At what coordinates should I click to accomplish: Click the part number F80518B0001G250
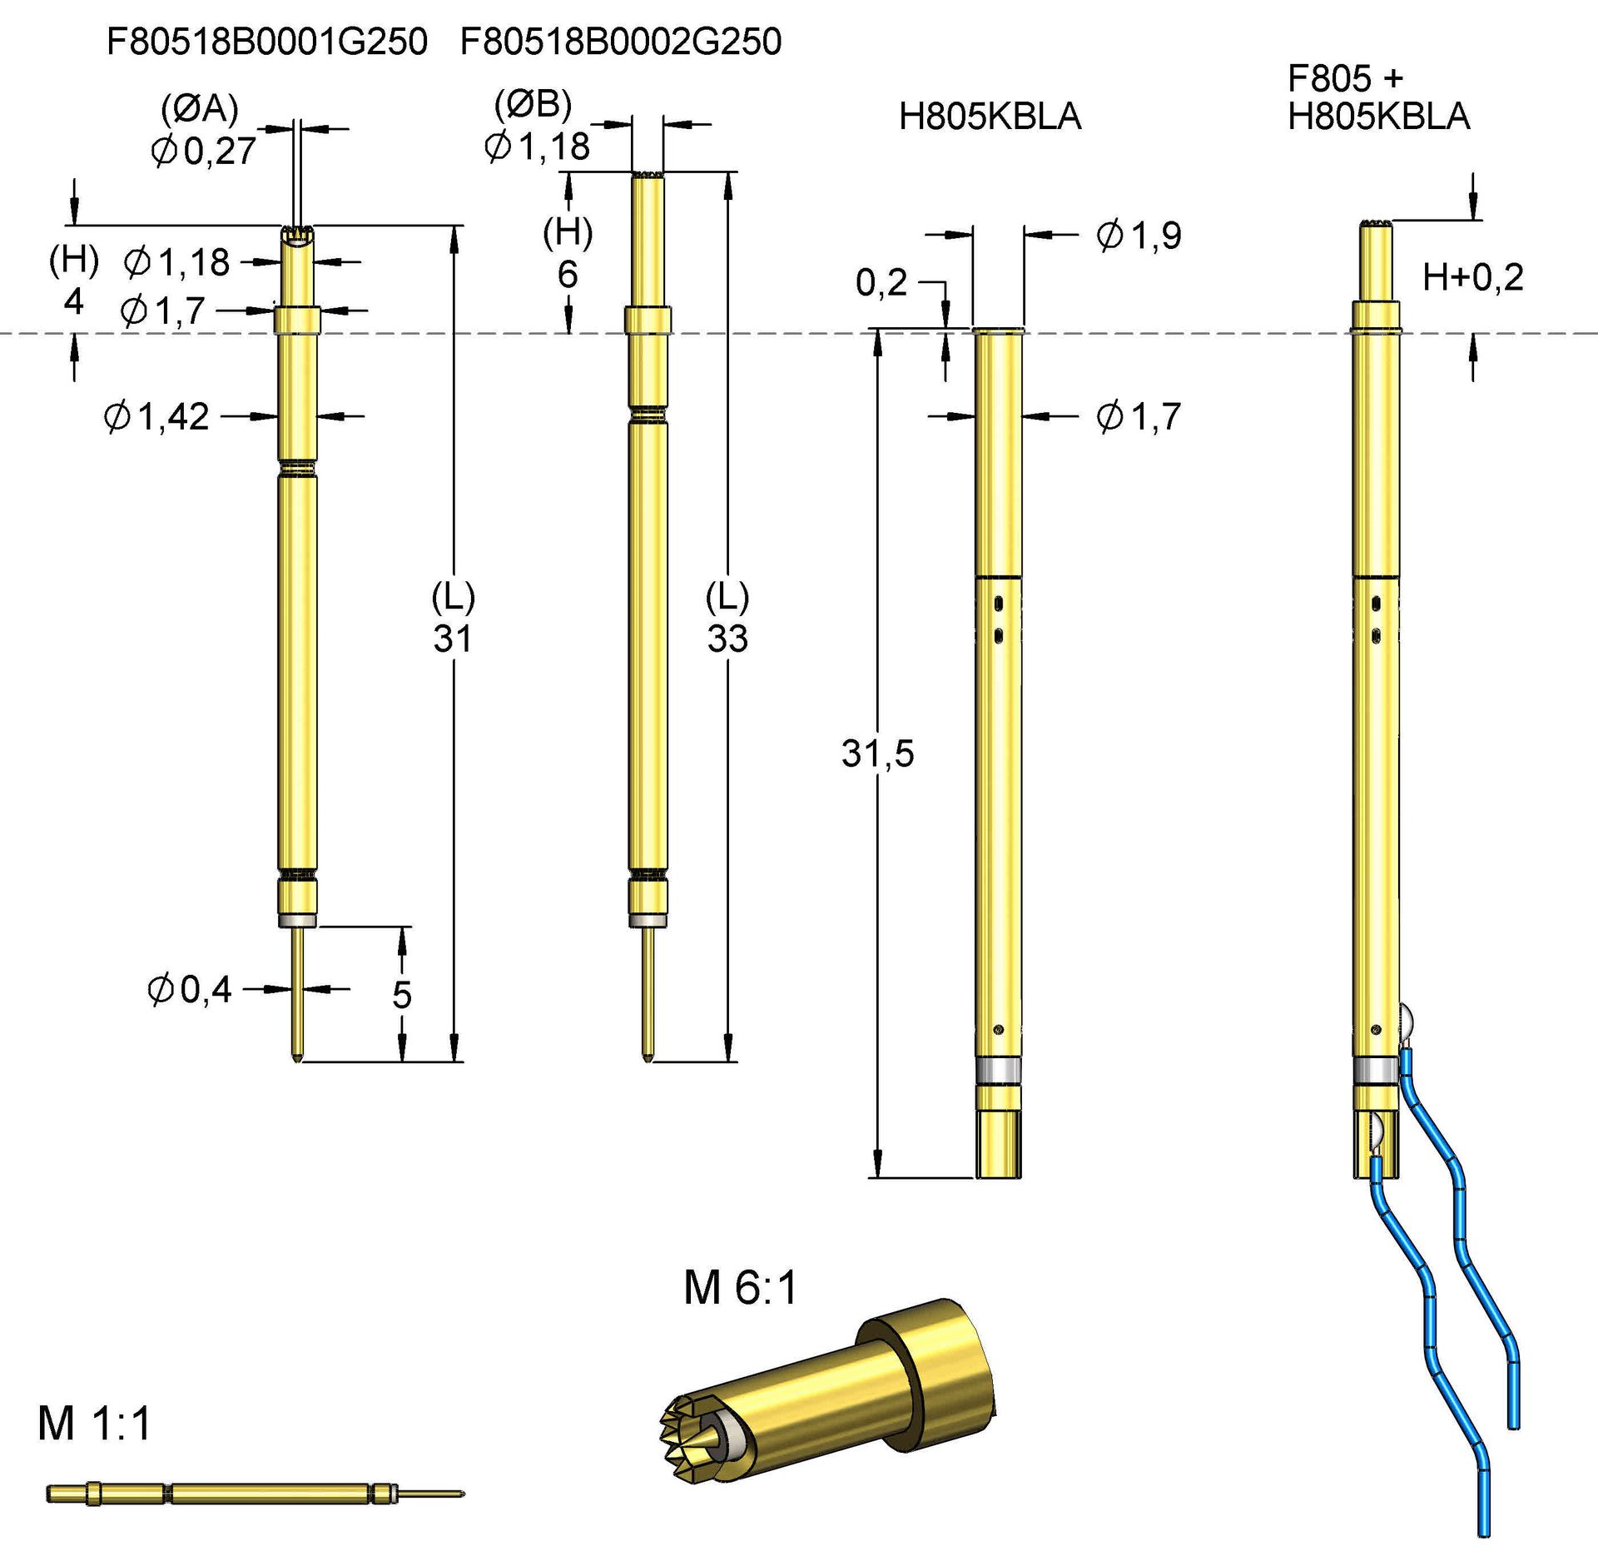coord(266,42)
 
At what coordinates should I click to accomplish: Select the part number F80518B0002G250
coord(621,42)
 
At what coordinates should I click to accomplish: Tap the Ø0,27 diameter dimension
coord(204,152)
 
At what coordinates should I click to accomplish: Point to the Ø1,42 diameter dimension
coord(156,416)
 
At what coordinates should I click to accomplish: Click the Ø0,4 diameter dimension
coord(190,990)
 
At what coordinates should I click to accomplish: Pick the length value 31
coord(453,639)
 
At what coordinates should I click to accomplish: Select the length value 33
coord(727,639)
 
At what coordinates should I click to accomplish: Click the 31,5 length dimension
coord(877,753)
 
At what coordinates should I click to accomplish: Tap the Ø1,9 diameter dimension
coord(1139,236)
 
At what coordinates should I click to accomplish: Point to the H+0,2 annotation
coord(1472,277)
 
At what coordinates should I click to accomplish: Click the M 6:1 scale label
coord(740,1288)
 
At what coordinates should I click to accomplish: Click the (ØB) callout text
coord(533,104)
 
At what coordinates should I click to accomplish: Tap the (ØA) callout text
coord(200,108)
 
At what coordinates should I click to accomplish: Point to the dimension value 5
coord(402,995)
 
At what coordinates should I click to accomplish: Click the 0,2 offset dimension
coord(881,283)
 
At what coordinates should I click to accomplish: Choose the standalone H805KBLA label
coord(990,117)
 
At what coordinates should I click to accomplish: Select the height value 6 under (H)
coord(568,275)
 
